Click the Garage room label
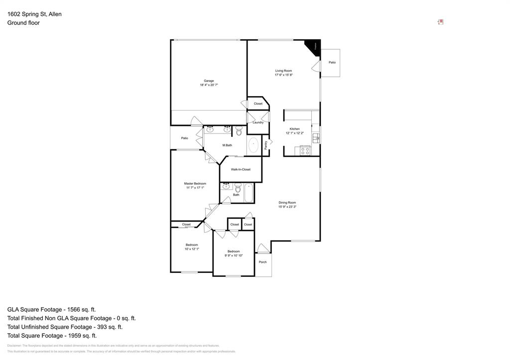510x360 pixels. (209, 81)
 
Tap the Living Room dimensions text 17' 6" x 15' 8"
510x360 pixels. (283, 75)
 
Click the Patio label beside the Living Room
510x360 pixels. (332, 63)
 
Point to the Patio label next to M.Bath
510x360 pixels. (185, 138)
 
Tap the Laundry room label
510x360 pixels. (258, 122)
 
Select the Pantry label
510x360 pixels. (265, 145)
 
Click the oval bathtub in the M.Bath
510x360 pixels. (254, 145)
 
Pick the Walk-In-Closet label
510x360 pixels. (241, 169)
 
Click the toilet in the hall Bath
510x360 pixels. (238, 188)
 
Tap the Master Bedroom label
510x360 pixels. (195, 183)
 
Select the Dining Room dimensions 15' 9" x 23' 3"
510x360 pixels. (287, 207)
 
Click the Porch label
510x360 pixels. (262, 262)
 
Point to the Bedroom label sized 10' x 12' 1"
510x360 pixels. (192, 244)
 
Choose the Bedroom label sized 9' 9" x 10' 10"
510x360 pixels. (234, 251)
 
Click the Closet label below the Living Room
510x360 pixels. (258, 104)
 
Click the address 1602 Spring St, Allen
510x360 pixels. (34, 14)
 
